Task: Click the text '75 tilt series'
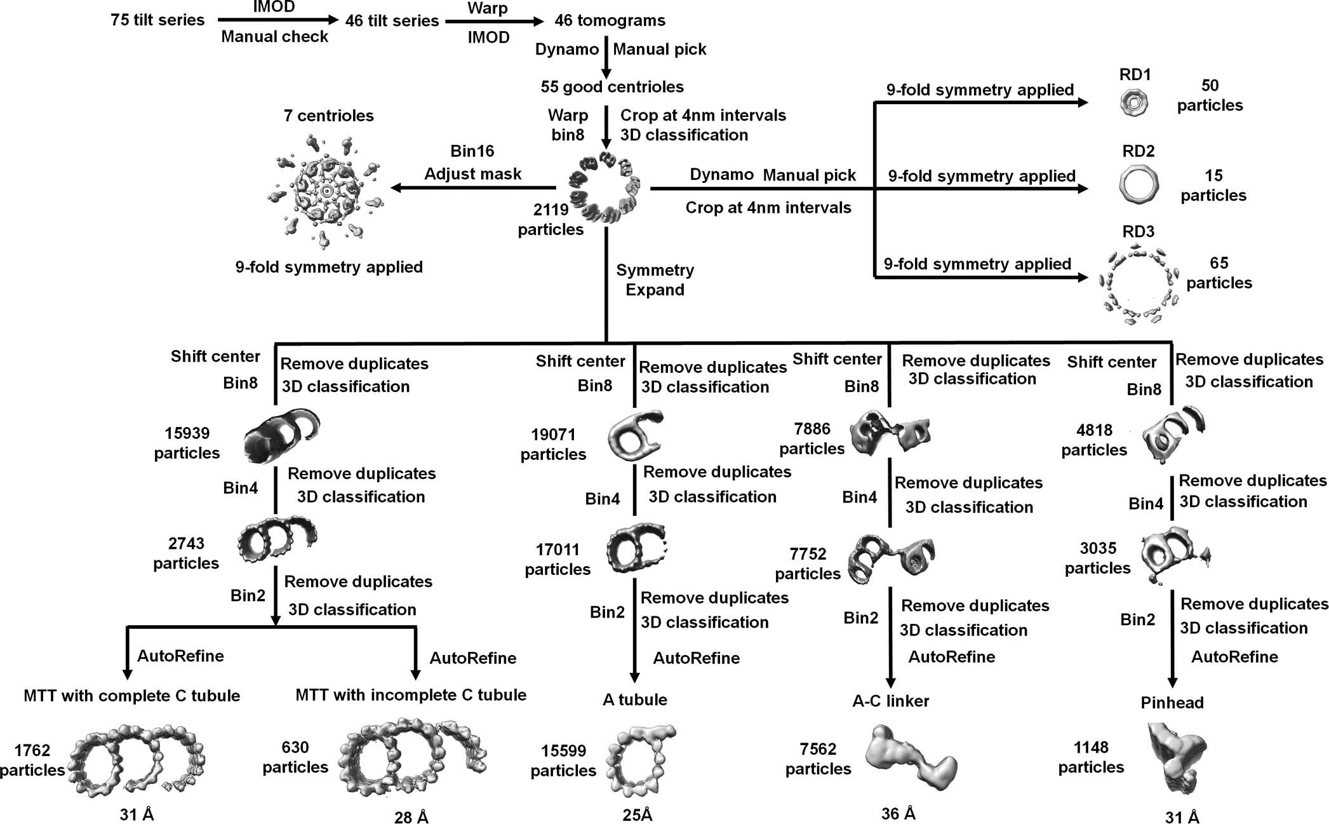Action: pos(157,20)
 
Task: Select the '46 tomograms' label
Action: pos(610,20)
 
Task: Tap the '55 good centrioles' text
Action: pos(612,86)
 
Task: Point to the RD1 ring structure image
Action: pos(1135,102)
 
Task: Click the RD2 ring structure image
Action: pos(1138,185)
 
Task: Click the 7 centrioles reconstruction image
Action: pos(326,191)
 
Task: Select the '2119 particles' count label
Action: pos(551,219)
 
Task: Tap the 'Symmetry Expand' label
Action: pos(655,280)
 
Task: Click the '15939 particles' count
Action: pos(187,443)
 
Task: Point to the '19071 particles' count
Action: pos(553,444)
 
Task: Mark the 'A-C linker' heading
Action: pos(890,701)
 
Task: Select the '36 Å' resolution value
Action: pos(898,814)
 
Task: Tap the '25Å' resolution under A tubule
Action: pos(638,815)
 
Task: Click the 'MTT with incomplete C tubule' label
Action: pos(411,694)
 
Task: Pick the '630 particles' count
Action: pos(295,757)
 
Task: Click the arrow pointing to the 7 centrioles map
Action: pos(473,187)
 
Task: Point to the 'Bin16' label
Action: pos(472,151)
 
